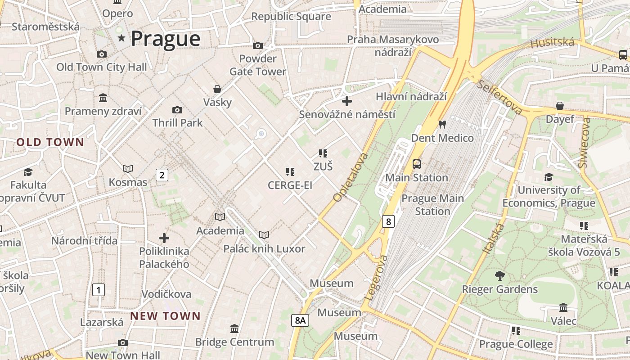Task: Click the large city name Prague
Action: click(166, 39)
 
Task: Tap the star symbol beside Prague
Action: click(121, 38)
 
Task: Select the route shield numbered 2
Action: click(162, 175)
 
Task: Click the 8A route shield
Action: click(300, 320)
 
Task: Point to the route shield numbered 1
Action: click(98, 290)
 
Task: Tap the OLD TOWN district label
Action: click(50, 143)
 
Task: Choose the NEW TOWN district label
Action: click(165, 316)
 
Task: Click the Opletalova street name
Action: click(351, 177)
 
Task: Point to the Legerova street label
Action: click(376, 278)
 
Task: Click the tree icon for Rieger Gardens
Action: click(499, 275)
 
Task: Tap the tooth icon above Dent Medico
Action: click(442, 124)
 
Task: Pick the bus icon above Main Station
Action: click(417, 164)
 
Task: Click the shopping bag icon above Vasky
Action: click(217, 89)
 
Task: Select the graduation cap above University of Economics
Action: click(549, 177)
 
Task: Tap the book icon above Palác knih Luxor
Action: click(264, 235)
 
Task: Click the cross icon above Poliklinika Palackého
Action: click(164, 238)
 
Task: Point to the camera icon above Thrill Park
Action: click(177, 110)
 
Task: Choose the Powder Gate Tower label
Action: click(258, 65)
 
